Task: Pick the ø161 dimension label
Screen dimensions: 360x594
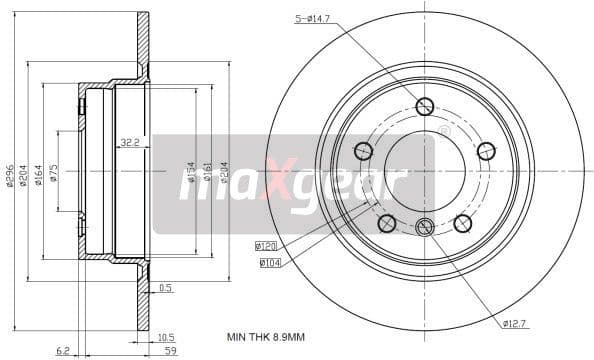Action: tap(207, 174)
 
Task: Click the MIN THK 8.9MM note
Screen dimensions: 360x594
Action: tap(264, 338)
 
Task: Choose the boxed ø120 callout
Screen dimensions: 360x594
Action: tap(266, 245)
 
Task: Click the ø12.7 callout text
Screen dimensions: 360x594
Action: tap(515, 322)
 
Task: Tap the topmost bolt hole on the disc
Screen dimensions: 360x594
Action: tap(424, 106)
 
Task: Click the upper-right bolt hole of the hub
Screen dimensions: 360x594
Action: tap(486, 151)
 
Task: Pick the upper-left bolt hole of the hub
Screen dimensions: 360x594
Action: tap(363, 151)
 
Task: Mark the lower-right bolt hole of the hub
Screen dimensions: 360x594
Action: tap(463, 223)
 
